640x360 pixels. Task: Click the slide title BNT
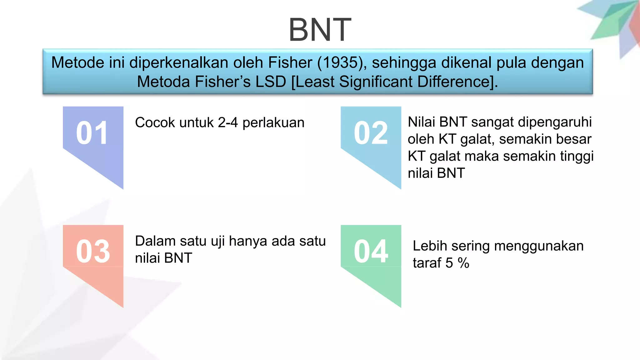pos(320,30)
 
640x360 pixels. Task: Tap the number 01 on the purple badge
pos(92,133)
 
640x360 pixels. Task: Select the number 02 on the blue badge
pos(371,133)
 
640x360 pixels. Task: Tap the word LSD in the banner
pos(271,82)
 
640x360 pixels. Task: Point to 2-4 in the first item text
pos(228,122)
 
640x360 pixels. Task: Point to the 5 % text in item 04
pos(457,263)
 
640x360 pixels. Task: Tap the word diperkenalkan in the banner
pos(179,63)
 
